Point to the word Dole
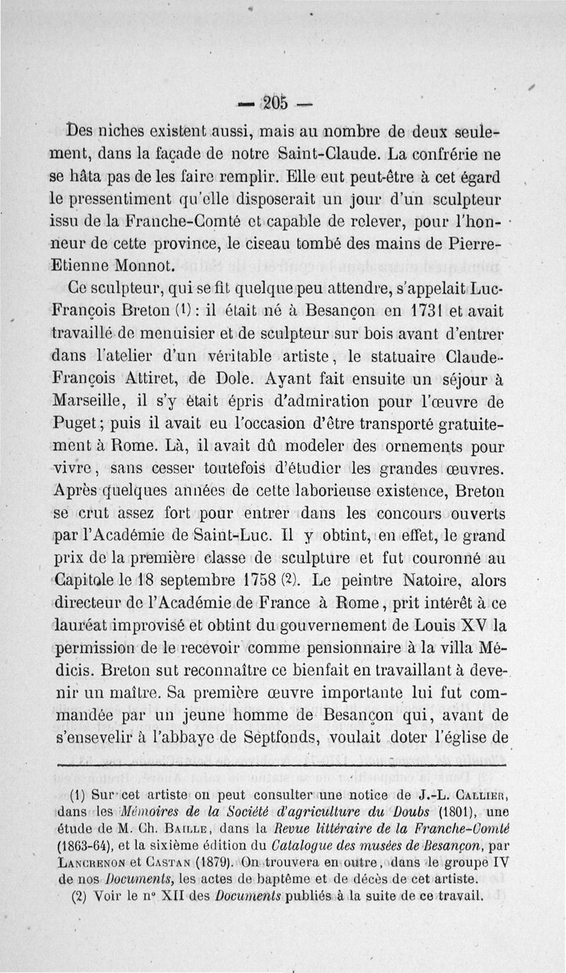tap(229, 379)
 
